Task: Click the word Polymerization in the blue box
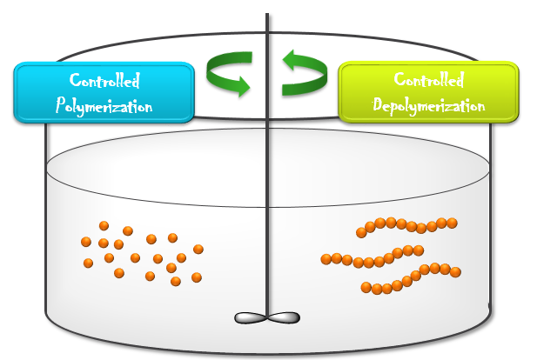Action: coord(103,108)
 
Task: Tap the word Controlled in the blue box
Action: coord(103,82)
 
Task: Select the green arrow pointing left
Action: coord(304,73)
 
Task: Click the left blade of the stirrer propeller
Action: coord(252,318)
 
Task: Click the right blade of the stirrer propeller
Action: coord(283,318)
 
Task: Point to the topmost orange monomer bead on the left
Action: coord(104,225)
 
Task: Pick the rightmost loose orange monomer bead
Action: coord(198,249)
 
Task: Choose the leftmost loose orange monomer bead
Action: coord(85,242)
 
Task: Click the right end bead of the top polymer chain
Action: coord(452,223)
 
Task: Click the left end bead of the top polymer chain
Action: coord(361,232)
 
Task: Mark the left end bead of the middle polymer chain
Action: coord(326,258)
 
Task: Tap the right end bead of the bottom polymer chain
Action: coord(455,272)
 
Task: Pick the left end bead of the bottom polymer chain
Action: coord(366,287)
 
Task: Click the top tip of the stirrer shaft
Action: coord(267,16)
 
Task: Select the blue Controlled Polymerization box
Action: coord(103,92)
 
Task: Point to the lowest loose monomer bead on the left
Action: coord(176,281)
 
